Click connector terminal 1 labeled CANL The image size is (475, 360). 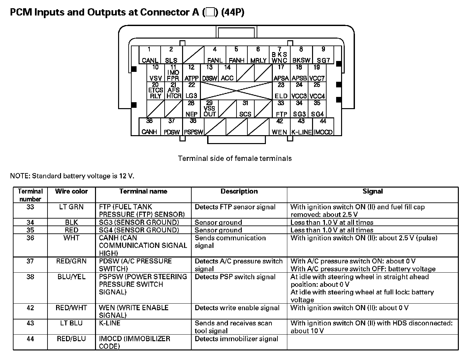150,55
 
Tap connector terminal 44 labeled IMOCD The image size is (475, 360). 323,127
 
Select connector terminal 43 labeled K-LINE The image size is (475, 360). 301,127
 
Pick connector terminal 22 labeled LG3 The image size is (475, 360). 191,91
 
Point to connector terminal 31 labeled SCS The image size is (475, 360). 245,109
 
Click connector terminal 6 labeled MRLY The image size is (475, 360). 258,55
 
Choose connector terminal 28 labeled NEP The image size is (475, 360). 191,109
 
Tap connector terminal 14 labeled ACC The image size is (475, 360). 227,73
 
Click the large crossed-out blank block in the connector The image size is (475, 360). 236,91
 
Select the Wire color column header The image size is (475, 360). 71,192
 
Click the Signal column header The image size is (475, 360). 372,192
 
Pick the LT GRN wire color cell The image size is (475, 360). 71,207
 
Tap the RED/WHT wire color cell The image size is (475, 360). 71,308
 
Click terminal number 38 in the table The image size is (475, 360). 30,277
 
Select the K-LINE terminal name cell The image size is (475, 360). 110,323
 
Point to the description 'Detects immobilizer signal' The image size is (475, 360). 236,339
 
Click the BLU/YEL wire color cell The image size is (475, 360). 71,277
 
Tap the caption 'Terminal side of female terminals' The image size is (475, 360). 235,159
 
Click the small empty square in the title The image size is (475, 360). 210,13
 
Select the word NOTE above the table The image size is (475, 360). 19,176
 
